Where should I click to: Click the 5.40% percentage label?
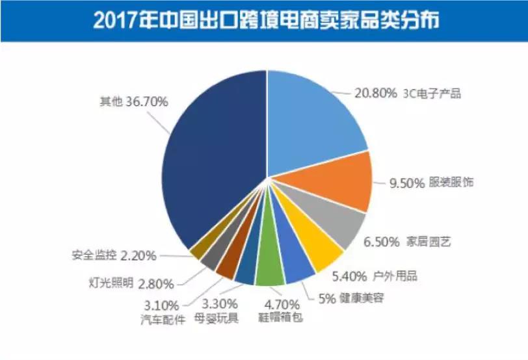pyautogui.click(x=351, y=276)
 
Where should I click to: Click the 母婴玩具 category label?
pyautogui.click(x=217, y=318)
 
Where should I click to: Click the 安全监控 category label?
pyautogui.click(x=94, y=255)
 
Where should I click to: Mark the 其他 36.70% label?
pyautogui.click(x=134, y=102)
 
